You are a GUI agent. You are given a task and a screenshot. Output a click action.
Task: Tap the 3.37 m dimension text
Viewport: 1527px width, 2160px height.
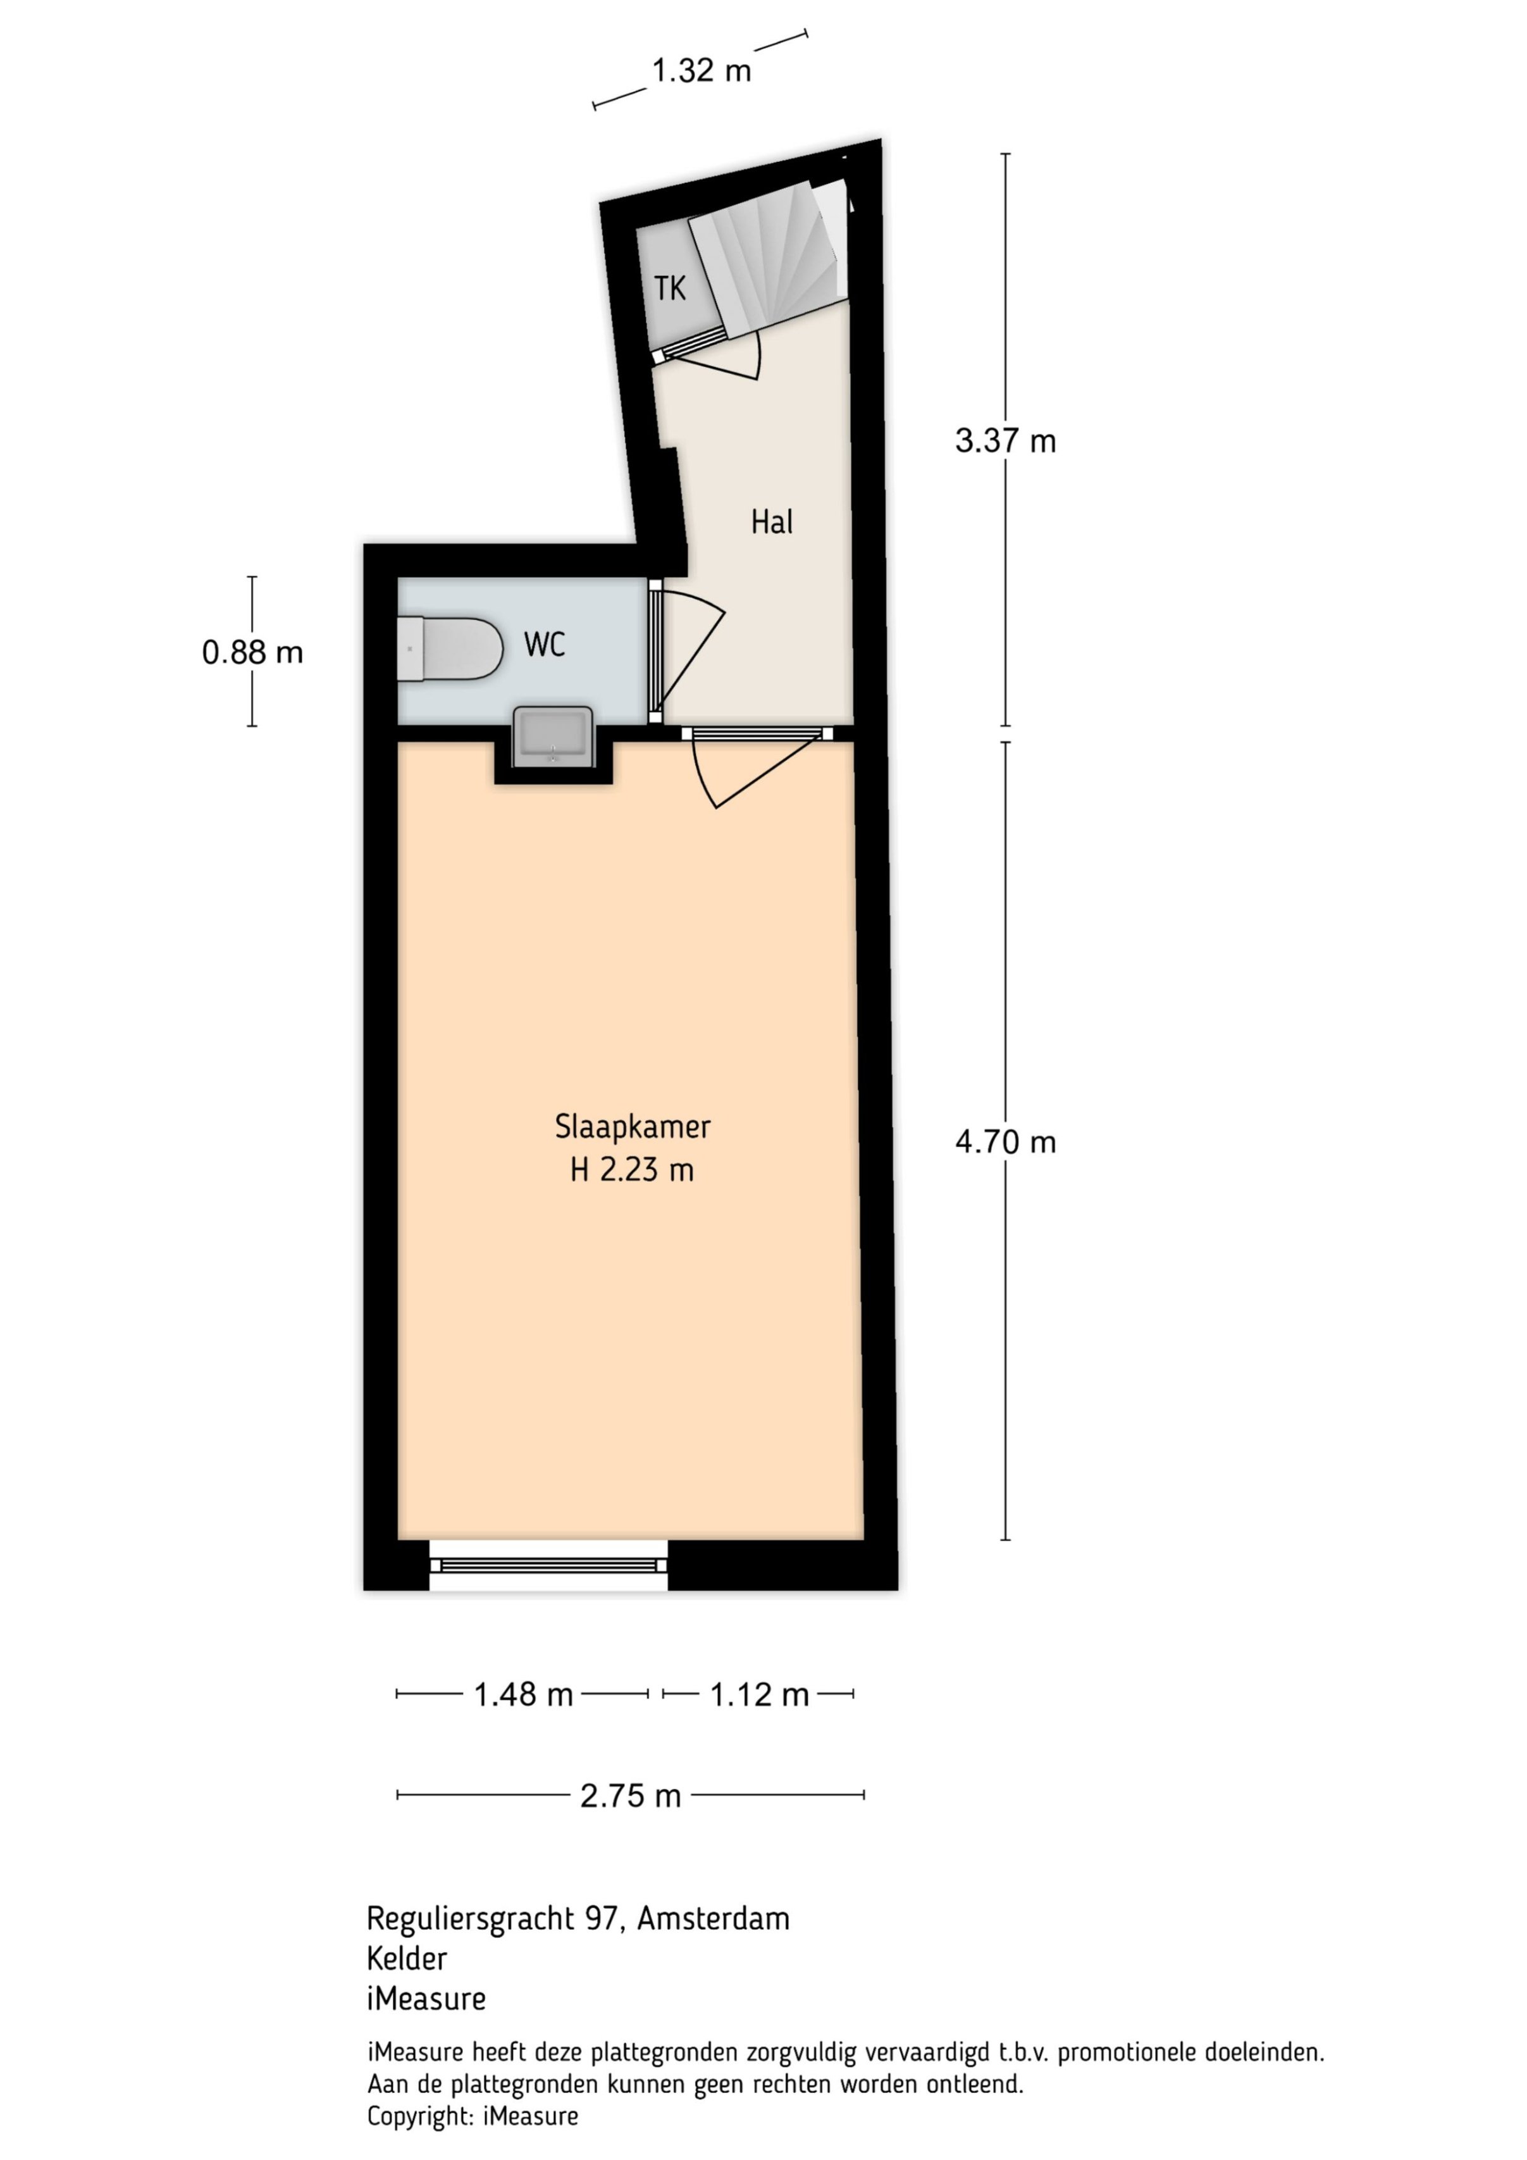pyautogui.click(x=1005, y=440)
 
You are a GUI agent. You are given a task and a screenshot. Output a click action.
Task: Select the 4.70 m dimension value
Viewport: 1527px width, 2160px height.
pyautogui.click(x=1005, y=1141)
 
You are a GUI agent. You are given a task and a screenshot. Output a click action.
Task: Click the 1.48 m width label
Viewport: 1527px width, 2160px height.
pyautogui.click(x=523, y=1694)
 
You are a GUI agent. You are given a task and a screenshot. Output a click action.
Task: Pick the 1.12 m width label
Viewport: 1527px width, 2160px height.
pyautogui.click(x=759, y=1694)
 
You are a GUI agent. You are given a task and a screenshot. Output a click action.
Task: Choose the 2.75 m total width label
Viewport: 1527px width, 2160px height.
pyautogui.click(x=631, y=1796)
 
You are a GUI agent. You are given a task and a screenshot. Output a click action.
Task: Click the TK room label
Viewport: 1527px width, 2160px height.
pyautogui.click(x=670, y=288)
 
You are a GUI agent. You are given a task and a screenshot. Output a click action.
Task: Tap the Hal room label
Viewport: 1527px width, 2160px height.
pyautogui.click(x=772, y=521)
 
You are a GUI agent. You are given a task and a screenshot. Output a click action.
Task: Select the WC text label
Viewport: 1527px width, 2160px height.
pyautogui.click(x=545, y=645)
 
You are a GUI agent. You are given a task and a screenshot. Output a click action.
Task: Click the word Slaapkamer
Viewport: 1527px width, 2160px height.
pyautogui.click(x=633, y=1126)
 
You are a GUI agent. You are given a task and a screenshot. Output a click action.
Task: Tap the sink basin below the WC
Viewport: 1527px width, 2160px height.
pyautogui.click(x=552, y=736)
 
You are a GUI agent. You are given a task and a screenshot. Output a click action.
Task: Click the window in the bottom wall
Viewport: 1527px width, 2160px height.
pyautogui.click(x=548, y=1565)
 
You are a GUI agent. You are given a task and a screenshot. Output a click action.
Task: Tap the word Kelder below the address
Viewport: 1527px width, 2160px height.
pyautogui.click(x=407, y=1959)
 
